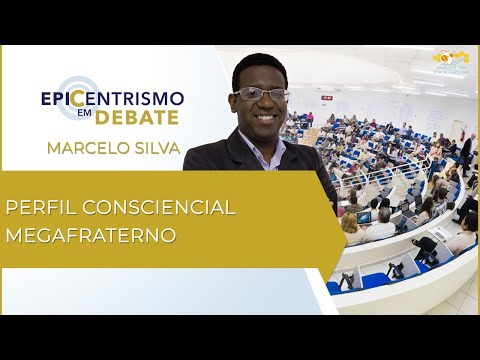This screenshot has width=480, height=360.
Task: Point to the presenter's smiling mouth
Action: [266, 122]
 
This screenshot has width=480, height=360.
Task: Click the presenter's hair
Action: [258, 67]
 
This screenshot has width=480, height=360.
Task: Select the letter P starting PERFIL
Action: [13, 208]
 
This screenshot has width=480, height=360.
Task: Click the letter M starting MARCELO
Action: [51, 149]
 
